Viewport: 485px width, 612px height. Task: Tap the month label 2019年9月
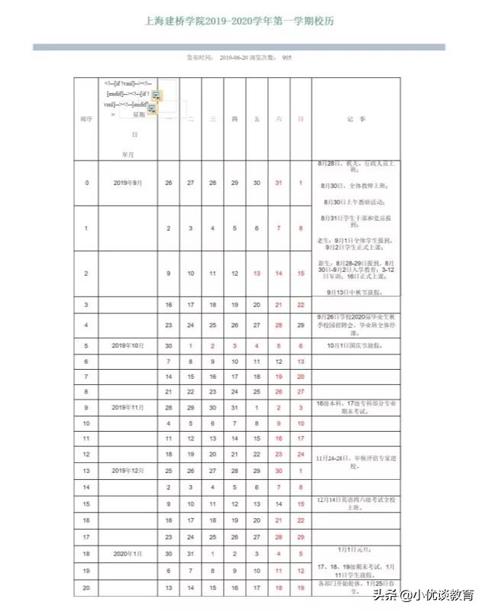tap(128, 183)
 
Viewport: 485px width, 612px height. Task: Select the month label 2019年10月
tap(128, 345)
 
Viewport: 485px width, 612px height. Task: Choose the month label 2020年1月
tap(128, 552)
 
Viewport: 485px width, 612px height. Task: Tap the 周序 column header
tap(86, 119)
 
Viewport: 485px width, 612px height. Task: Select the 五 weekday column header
tap(257, 119)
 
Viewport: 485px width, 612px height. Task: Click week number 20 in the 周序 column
tap(86, 588)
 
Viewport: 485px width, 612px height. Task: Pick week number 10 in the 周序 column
tap(86, 423)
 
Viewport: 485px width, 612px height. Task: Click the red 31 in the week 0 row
tap(279, 183)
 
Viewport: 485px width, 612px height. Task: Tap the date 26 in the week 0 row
tap(169, 183)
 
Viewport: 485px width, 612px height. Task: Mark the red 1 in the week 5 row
tap(191, 345)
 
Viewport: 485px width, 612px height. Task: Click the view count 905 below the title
tap(286, 57)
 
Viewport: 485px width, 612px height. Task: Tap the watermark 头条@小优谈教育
tap(422, 595)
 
